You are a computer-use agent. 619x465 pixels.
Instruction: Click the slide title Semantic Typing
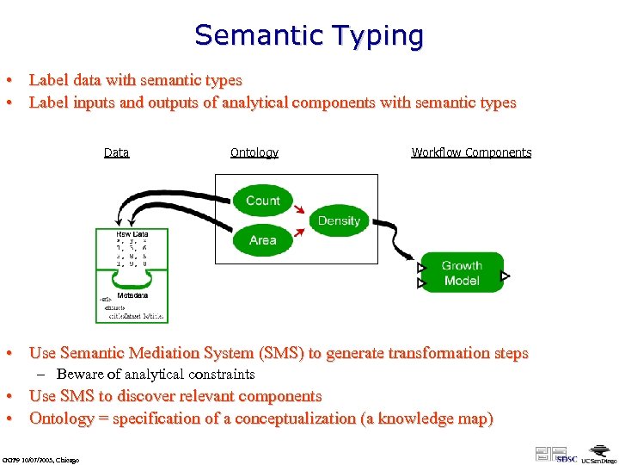[x=309, y=36]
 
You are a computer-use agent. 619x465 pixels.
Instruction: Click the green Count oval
[x=262, y=201]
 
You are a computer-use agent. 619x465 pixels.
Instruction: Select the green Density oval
[x=339, y=220]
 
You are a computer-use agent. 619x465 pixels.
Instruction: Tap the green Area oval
[x=262, y=240]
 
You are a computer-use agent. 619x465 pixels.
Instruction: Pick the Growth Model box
[x=462, y=273]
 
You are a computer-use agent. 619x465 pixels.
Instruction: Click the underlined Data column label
[x=116, y=153]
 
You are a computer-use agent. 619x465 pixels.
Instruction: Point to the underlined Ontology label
[x=254, y=153]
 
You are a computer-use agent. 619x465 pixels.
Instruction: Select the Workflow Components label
[x=471, y=153]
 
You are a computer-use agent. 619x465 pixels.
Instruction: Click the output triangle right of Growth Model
[x=506, y=276]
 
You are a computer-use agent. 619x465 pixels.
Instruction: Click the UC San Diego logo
[x=597, y=455]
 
